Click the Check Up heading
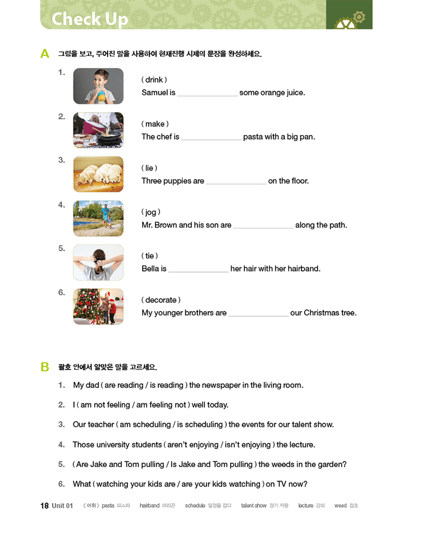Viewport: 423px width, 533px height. click(90, 19)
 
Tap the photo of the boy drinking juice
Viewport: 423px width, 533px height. click(98, 86)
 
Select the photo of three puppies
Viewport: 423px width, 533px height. click(98, 174)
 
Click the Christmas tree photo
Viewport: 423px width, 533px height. click(98, 307)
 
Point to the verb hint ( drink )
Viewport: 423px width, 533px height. click(154, 80)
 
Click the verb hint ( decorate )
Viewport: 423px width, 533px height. click(161, 300)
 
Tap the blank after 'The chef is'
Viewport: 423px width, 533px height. click(211, 137)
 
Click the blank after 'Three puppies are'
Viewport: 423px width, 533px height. click(236, 181)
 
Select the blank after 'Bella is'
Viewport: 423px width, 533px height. click(199, 269)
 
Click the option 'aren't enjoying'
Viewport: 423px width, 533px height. click(191, 445)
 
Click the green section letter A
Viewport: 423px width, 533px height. click(45, 54)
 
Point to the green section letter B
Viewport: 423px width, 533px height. click(45, 367)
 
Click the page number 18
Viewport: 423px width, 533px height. click(45, 505)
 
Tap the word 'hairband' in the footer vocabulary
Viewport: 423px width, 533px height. click(149, 506)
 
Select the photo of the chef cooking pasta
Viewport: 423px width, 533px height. click(98, 130)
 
